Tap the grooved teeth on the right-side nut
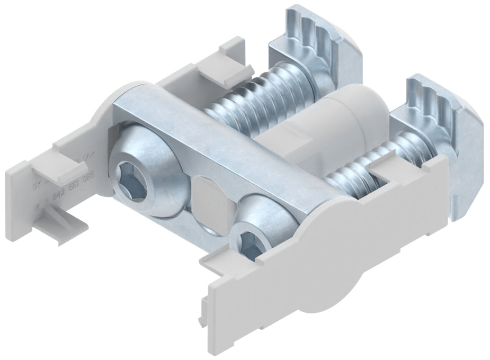[440, 101]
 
